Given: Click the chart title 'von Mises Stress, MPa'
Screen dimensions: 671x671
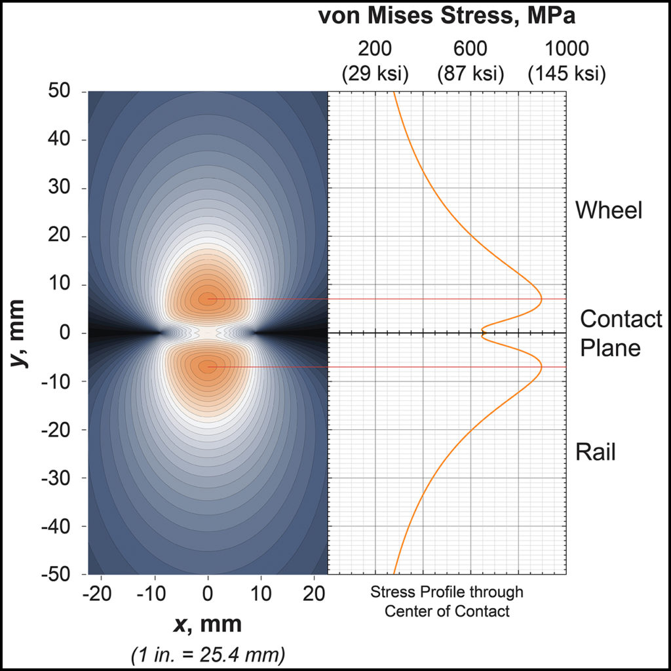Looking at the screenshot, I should (447, 16).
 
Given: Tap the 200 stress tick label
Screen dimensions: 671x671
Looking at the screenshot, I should (375, 49).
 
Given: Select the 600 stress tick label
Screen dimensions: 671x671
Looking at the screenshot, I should (470, 49).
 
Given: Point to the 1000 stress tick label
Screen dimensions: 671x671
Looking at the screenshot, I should (566, 49).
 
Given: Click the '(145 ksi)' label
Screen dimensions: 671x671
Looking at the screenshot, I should (566, 74).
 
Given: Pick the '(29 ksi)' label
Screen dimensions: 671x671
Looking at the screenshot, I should (375, 74).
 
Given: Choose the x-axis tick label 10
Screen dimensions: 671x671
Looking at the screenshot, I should (261, 595).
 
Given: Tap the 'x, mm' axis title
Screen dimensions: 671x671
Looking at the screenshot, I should (208, 624).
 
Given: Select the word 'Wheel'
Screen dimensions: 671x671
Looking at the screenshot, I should (609, 210).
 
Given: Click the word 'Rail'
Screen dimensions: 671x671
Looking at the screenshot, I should (596, 451).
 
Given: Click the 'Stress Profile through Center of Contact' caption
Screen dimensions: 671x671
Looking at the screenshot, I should (447, 602).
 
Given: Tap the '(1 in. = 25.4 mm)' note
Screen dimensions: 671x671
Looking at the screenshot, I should (208, 653).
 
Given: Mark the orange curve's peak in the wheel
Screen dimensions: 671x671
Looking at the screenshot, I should (542, 299).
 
